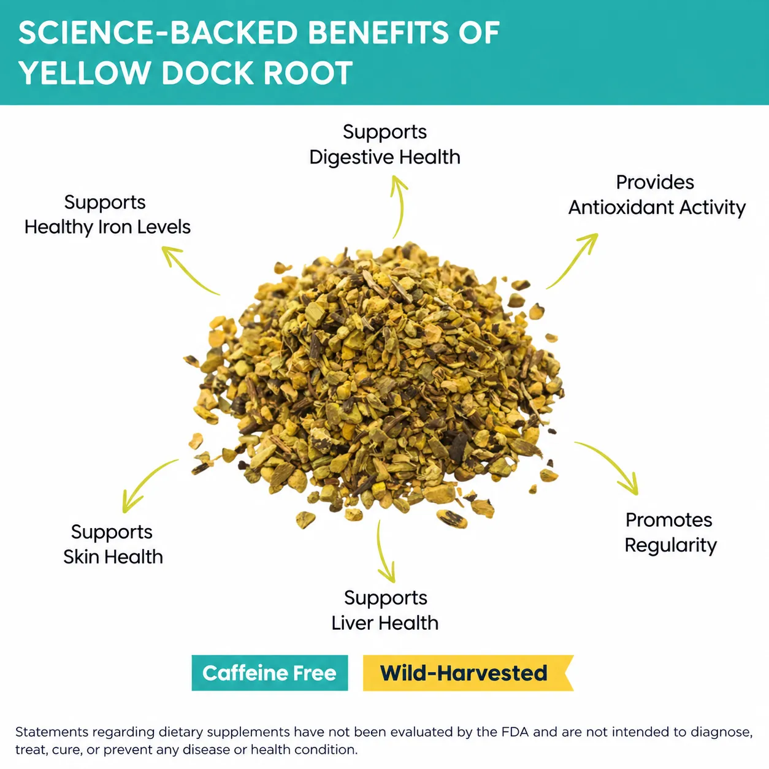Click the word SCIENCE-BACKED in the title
pyautogui.click(x=158, y=33)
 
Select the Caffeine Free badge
pyautogui.click(x=269, y=673)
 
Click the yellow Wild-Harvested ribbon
pyautogui.click(x=468, y=673)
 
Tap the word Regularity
pyautogui.click(x=671, y=546)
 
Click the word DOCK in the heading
pyautogui.click(x=207, y=73)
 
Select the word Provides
pyautogui.click(x=656, y=182)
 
